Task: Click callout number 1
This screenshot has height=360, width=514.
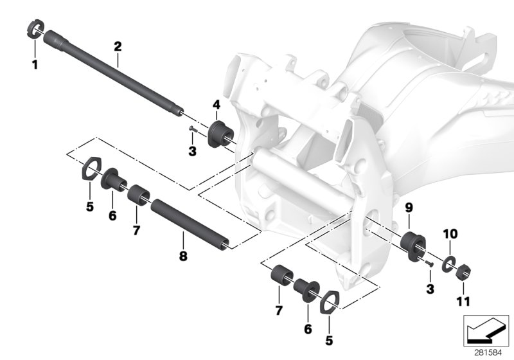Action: coord(35,64)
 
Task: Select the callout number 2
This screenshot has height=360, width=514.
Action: coord(118,46)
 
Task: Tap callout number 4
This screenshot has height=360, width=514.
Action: coord(217,104)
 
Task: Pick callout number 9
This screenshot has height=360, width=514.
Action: coord(409,208)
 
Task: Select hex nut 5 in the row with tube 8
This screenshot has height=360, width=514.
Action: coord(91,170)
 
